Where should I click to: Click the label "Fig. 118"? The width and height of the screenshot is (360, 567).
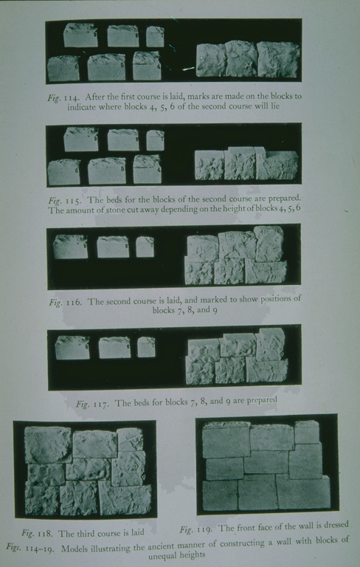(36, 533)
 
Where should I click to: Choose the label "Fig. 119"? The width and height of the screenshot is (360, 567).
(196, 529)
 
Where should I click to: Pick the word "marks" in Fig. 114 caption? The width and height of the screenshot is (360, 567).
(203, 97)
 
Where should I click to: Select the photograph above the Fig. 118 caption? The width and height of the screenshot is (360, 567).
(84, 470)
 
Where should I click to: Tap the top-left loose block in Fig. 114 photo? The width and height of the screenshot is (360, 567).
(80, 35)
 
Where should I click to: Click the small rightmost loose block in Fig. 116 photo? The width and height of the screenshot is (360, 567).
(145, 246)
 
